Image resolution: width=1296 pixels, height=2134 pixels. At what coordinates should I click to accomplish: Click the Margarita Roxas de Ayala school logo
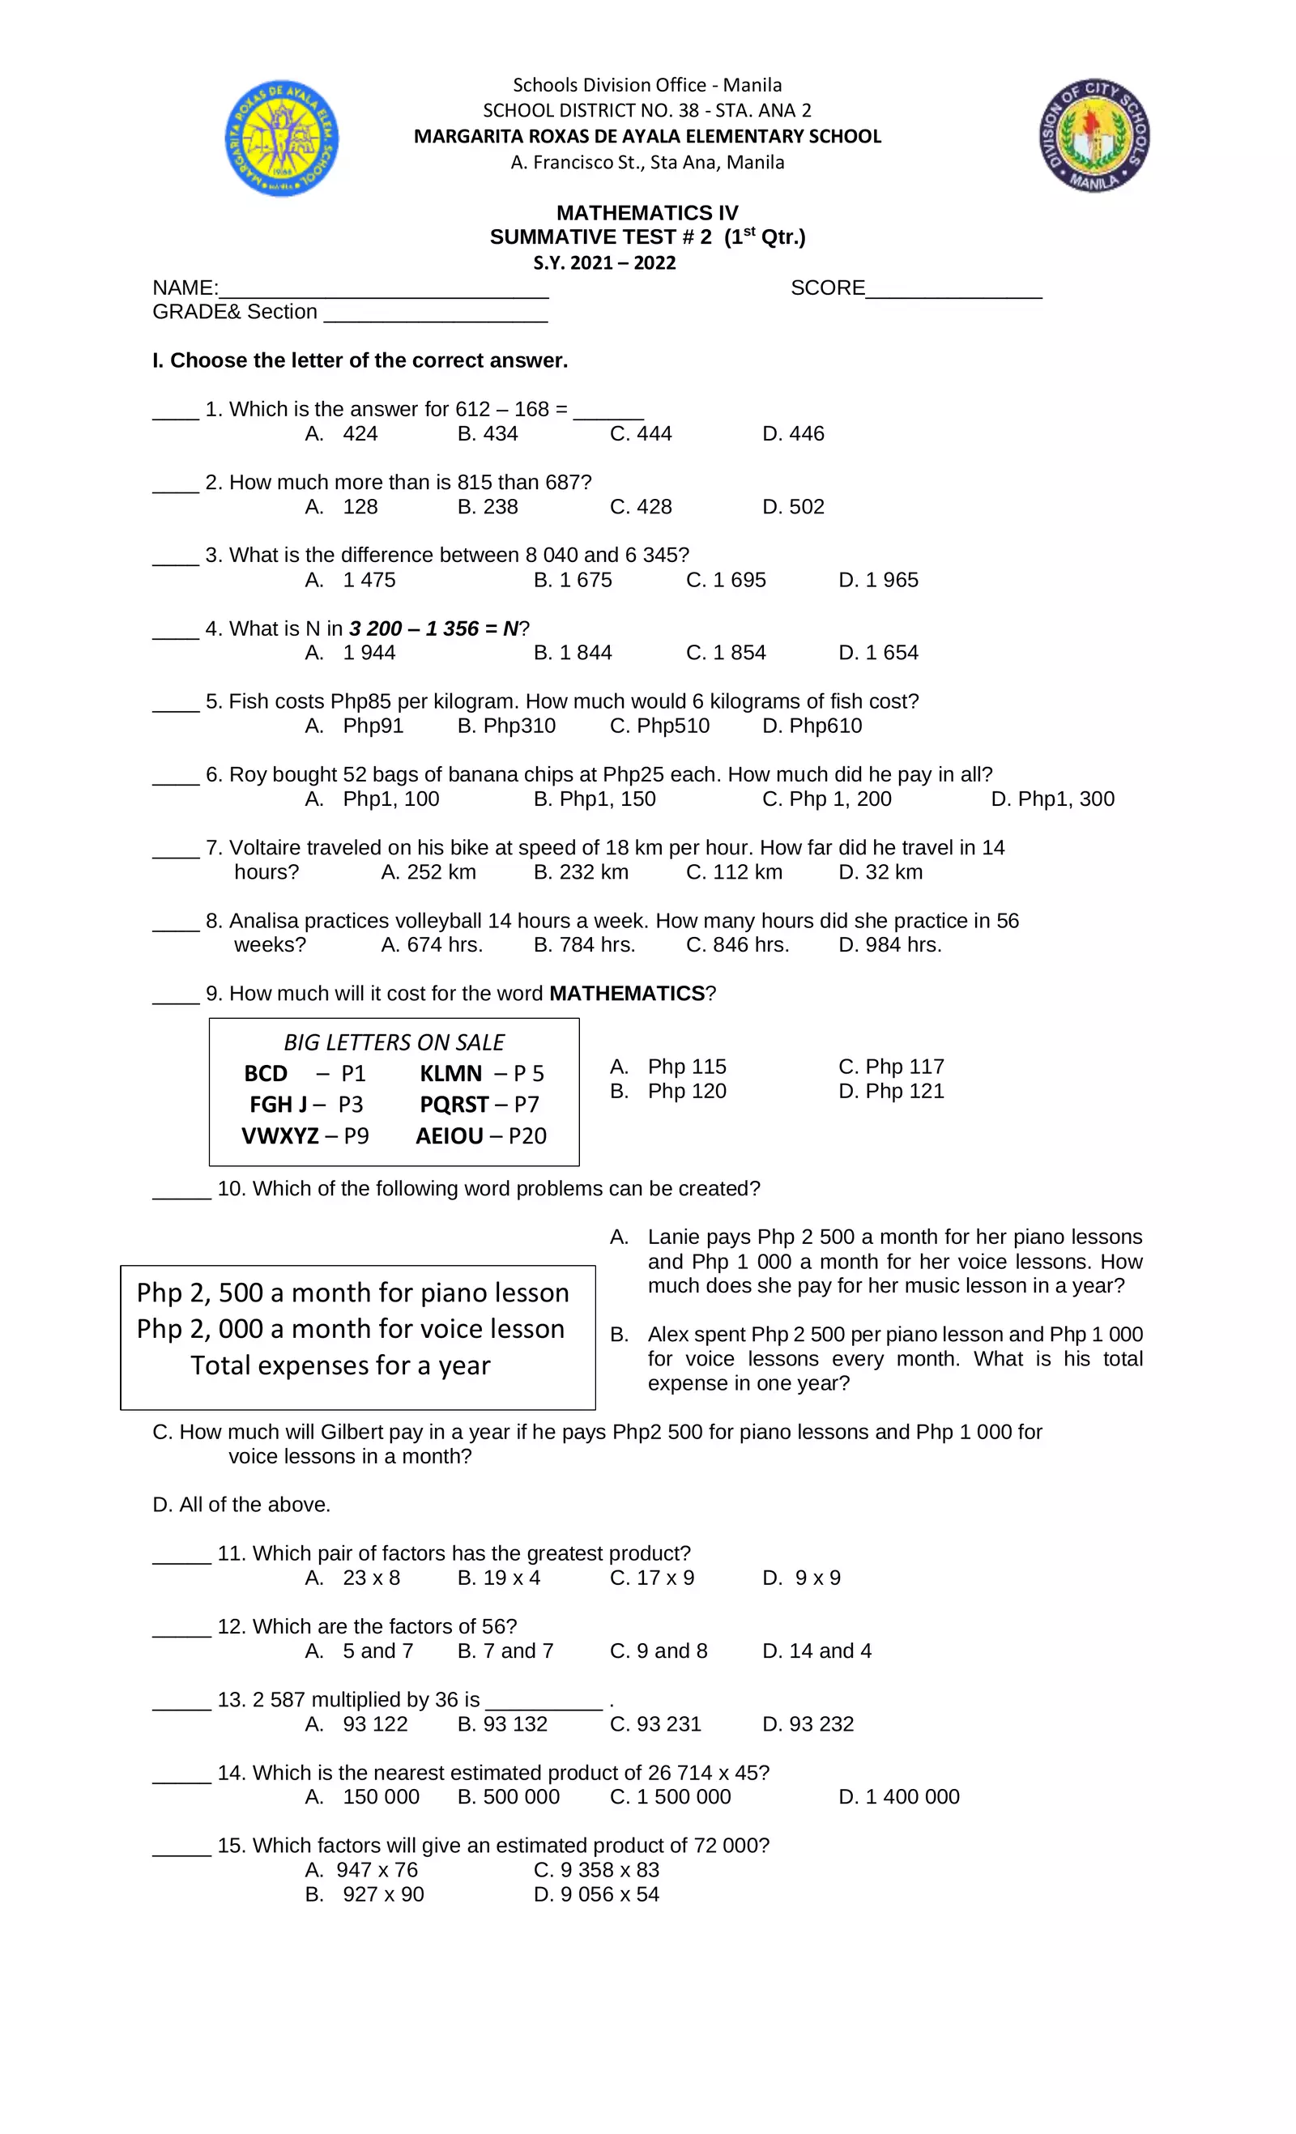tap(282, 138)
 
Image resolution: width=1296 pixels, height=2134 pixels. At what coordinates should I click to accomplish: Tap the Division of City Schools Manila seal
tap(1094, 135)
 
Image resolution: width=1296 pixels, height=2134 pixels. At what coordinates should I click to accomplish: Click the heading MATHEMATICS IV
tap(647, 213)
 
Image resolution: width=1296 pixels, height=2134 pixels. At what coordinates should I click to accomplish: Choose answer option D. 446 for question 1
tap(793, 434)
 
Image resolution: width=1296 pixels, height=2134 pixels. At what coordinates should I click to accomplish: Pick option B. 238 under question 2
tap(487, 507)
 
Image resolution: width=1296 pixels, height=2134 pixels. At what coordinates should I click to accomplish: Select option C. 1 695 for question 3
tap(725, 580)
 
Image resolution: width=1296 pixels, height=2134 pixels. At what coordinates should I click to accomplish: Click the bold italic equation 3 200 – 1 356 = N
tap(434, 628)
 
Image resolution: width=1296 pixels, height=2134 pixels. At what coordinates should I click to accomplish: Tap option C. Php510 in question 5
tap(659, 726)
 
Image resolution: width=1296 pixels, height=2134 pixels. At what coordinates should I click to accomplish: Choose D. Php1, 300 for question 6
tap(1051, 799)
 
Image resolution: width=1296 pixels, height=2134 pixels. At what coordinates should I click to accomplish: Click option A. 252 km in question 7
tap(428, 872)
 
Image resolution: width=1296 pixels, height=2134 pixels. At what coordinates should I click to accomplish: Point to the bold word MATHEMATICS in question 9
tap(626, 994)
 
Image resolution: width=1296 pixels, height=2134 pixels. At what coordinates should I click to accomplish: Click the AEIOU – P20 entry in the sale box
tap(481, 1135)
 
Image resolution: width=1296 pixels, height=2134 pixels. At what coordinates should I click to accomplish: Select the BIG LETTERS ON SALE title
tap(394, 1041)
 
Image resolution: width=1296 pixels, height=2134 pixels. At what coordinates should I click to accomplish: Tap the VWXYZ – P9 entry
tap(305, 1135)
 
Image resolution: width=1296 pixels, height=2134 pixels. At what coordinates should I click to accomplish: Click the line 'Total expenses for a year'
tap(340, 1365)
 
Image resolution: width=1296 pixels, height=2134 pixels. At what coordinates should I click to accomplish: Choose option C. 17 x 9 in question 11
tap(651, 1578)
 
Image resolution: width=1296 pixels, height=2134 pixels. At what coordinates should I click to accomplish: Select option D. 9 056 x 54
tap(596, 1895)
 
